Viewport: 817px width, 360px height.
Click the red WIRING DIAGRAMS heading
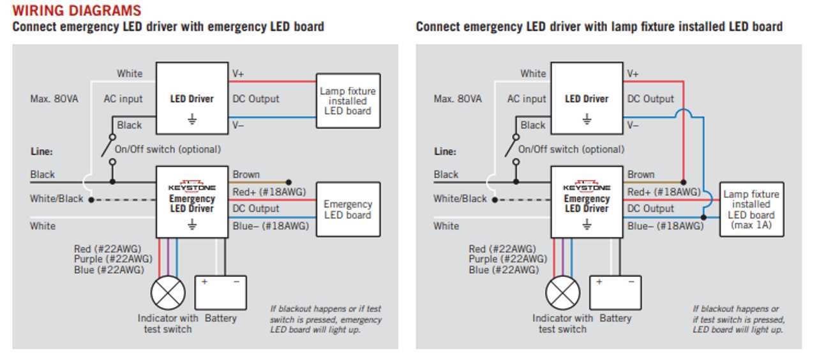point(77,11)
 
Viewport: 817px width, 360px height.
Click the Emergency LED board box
point(348,209)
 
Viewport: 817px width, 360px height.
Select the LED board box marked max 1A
point(751,209)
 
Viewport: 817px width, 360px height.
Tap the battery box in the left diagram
point(221,293)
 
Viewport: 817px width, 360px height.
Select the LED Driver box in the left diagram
point(192,98)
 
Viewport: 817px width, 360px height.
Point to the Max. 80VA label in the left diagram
point(54,99)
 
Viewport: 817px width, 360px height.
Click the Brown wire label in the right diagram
point(640,174)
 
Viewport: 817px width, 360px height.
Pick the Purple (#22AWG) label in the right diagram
point(507,259)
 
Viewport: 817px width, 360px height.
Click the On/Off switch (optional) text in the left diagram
point(172,149)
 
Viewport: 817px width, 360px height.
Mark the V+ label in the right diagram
point(633,74)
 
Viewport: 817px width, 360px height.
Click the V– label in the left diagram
point(238,125)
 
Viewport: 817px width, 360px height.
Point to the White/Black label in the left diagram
point(56,199)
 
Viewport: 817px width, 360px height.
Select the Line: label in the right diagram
point(445,151)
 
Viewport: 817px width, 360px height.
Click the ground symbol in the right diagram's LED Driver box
point(587,119)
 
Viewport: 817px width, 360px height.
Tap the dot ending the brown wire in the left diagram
point(289,181)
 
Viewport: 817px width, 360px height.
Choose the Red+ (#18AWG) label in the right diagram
point(664,192)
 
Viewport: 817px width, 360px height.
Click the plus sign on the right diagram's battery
point(599,281)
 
